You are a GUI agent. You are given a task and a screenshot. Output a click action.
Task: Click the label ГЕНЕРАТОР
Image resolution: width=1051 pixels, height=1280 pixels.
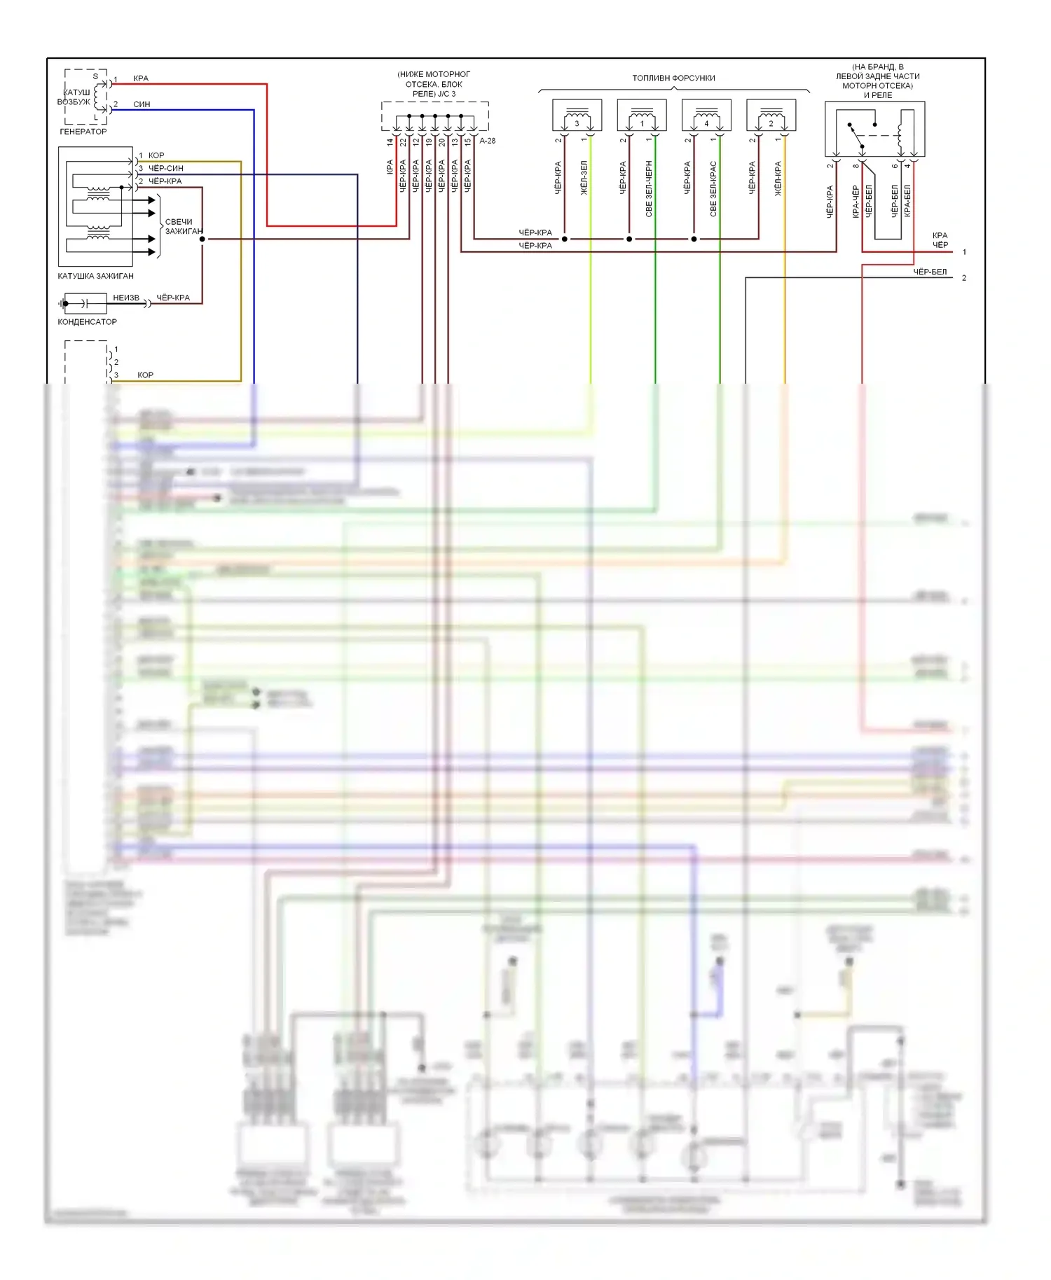(x=83, y=132)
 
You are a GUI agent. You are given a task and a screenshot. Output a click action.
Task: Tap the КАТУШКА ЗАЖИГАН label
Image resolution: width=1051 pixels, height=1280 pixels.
(x=95, y=276)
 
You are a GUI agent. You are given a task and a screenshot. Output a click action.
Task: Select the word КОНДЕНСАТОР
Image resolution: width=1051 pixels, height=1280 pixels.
(x=87, y=322)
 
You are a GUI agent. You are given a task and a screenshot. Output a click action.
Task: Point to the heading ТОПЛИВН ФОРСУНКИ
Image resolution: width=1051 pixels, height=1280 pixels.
(x=673, y=78)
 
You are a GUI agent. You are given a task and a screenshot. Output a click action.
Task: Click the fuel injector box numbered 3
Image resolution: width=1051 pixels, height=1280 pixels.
(x=577, y=116)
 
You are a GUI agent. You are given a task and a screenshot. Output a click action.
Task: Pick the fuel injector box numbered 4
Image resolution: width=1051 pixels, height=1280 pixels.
(x=706, y=116)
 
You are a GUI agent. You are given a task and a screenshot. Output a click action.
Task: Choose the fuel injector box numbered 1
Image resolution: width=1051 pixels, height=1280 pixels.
(x=642, y=116)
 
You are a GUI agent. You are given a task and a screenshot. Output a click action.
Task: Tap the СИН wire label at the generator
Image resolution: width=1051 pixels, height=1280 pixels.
(x=142, y=104)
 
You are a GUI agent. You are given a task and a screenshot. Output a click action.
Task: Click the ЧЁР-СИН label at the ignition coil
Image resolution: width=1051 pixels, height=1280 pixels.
(x=166, y=169)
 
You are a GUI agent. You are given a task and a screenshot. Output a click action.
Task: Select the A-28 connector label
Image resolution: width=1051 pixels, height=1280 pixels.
(x=488, y=141)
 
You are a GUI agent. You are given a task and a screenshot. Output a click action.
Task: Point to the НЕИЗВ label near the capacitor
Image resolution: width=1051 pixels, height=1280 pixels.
(x=126, y=298)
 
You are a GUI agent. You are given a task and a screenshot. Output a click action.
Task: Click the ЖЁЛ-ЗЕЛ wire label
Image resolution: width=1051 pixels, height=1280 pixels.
(x=584, y=178)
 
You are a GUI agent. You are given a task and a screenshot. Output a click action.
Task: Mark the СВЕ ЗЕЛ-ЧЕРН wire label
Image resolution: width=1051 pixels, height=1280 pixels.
(x=649, y=189)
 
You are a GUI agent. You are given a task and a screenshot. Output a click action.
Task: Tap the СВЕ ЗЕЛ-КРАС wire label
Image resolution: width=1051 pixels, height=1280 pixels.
(x=713, y=189)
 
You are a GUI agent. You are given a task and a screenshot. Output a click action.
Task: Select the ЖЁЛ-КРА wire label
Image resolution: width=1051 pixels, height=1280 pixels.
(x=778, y=179)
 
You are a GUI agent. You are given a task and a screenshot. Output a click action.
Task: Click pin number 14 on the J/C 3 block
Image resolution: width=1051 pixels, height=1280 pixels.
(x=390, y=142)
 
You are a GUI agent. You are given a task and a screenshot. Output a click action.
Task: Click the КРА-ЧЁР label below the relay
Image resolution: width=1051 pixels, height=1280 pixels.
(x=856, y=202)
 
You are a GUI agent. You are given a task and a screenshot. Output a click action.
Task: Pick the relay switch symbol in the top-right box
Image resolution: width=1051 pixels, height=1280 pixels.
(x=857, y=138)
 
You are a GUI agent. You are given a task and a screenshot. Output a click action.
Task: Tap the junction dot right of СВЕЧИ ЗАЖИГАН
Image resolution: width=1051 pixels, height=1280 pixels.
(x=202, y=239)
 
